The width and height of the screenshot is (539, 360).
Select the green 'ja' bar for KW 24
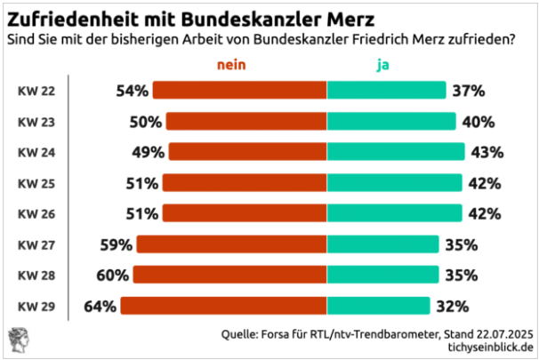[396, 151]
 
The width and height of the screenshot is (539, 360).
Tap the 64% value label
[101, 306]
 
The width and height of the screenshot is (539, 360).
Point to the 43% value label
[487, 151]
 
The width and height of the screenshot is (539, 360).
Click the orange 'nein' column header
[231, 64]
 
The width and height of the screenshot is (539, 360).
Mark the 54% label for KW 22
[133, 90]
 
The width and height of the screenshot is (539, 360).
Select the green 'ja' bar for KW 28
[382, 276]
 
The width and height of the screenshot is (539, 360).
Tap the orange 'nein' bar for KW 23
[246, 121]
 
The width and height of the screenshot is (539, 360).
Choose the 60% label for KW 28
[114, 276]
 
